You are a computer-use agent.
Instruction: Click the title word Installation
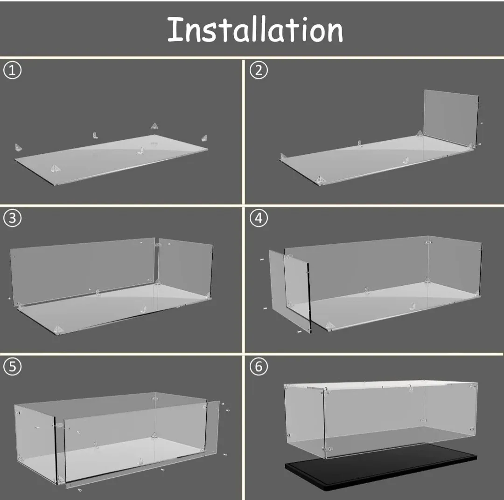[255, 29]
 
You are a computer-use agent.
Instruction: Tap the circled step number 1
[13, 70]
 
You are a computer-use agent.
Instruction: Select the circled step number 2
[259, 70]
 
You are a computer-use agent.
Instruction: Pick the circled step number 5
[13, 367]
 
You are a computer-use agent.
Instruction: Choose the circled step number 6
[259, 367]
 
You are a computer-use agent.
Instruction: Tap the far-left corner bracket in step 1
[19, 148]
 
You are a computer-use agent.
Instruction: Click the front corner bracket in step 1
[55, 169]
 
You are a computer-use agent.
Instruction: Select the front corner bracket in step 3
[58, 329]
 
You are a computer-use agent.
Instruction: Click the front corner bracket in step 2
[320, 179]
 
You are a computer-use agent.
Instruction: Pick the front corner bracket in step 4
[329, 325]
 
